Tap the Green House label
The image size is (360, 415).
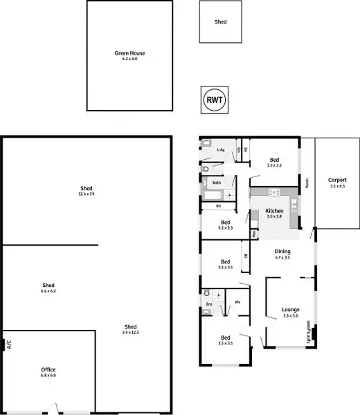[x=130, y=53]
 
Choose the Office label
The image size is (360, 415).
[x=48, y=369]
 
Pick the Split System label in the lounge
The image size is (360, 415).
[x=309, y=335]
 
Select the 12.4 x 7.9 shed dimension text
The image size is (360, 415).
[x=87, y=194]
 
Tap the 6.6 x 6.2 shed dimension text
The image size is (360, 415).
[x=48, y=290]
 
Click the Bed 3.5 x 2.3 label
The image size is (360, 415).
[x=225, y=225]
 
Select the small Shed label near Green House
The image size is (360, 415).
[x=220, y=22]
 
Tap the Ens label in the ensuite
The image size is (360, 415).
[x=208, y=303]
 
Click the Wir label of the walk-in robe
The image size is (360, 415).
[x=237, y=302]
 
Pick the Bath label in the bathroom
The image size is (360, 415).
[x=217, y=183]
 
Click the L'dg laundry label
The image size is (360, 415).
[x=221, y=150]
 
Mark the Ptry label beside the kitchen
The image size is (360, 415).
[x=254, y=233]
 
